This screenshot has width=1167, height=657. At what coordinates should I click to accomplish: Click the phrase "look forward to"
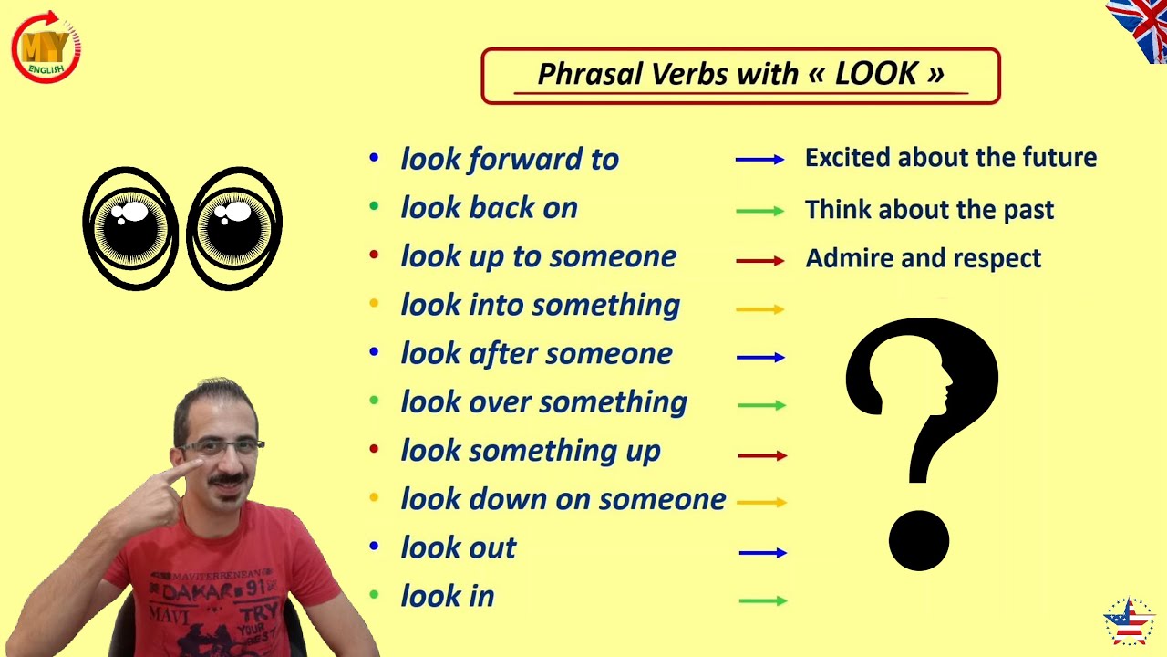[x=510, y=159]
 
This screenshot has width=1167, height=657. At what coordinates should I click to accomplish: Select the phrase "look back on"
[x=489, y=208]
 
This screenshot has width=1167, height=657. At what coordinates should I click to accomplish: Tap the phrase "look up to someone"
[x=538, y=256]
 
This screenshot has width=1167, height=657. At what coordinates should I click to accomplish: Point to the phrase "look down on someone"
[x=563, y=499]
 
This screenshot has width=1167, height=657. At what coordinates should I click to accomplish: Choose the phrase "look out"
[x=458, y=547]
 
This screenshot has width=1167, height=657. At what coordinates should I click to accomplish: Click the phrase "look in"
[x=447, y=596]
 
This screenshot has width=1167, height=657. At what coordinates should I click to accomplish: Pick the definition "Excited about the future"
[x=950, y=158]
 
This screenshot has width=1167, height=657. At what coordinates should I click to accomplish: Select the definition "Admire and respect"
[x=923, y=258]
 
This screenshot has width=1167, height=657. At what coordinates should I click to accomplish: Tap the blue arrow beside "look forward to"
[x=759, y=160]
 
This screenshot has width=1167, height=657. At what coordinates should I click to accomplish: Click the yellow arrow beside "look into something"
[x=759, y=309]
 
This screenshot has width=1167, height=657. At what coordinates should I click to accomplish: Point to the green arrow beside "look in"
[x=761, y=600]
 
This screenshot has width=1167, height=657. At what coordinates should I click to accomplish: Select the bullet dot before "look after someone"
[x=374, y=352]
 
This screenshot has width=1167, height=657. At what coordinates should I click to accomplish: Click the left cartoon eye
[x=130, y=228]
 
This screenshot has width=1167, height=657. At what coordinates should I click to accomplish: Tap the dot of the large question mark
[x=919, y=540]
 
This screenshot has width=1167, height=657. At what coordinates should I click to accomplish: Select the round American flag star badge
[x=1129, y=622]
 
